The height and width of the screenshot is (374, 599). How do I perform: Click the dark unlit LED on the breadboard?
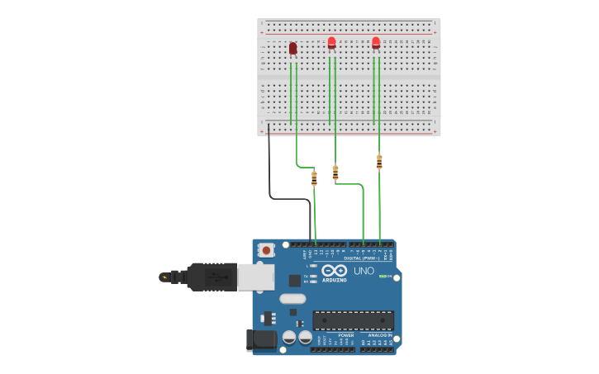292,49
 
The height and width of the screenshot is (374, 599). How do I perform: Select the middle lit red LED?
331,43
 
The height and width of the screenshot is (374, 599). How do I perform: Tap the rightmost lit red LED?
376,42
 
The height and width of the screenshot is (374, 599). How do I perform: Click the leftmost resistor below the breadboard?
314,178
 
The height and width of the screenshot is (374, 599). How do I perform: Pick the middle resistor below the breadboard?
335,173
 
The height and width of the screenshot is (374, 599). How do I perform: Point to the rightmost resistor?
379,162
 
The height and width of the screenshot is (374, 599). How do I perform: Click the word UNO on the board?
364,271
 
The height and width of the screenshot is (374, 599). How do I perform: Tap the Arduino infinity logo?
335,271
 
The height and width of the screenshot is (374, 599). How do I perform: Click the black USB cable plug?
212,277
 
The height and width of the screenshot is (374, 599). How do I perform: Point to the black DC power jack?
262,339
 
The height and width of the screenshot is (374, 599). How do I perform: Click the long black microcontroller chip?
353,320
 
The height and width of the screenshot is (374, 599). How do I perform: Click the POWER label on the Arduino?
345,335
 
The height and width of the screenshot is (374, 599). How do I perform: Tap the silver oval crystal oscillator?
292,299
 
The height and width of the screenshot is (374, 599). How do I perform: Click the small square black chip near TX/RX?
295,281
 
